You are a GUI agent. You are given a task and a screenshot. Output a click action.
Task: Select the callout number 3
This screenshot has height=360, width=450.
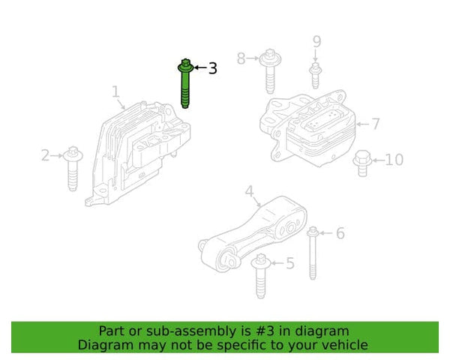(212, 68)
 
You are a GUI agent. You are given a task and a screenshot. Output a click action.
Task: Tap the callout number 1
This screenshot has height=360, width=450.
(116, 91)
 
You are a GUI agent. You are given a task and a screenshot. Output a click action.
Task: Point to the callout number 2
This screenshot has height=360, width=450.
(45, 155)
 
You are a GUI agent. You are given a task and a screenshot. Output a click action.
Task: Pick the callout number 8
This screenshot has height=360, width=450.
(241, 57)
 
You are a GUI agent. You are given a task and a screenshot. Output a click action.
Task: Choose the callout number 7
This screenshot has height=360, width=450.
(376, 124)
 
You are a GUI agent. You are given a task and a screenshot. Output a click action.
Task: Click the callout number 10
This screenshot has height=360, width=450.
(394, 159)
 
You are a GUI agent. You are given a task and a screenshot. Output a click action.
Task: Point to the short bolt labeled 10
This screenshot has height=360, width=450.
(361, 163)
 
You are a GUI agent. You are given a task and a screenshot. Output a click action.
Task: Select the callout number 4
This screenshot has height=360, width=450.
(249, 191)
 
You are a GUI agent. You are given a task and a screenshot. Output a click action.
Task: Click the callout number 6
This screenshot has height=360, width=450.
(340, 234)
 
